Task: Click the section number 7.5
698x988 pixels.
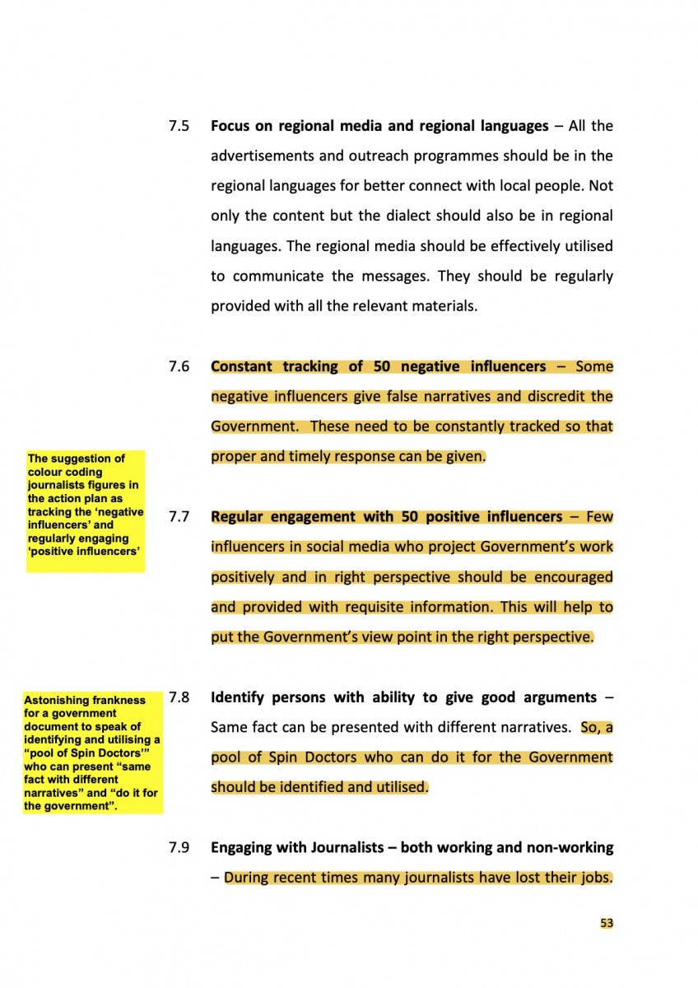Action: (179, 127)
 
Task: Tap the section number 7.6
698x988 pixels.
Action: (179, 366)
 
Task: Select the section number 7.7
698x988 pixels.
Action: (179, 517)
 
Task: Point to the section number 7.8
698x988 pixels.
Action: (179, 697)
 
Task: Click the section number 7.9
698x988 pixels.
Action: (179, 847)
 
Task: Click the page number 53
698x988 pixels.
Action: (607, 923)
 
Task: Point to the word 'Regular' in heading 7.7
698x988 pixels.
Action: (239, 517)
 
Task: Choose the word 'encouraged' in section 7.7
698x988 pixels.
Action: (575, 577)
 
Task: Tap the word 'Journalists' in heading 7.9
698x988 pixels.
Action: (351, 847)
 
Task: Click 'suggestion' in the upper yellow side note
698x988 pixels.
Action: (90, 459)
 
